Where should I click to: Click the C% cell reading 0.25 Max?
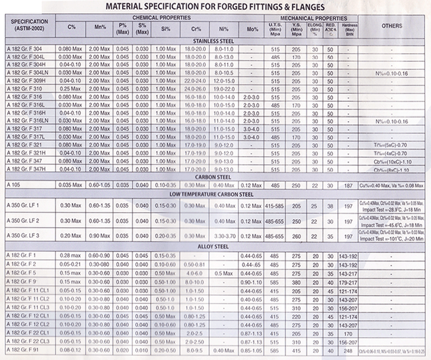point(72,87)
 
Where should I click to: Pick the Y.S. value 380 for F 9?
point(296,283)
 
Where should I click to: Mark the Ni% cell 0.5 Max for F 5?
point(223,273)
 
